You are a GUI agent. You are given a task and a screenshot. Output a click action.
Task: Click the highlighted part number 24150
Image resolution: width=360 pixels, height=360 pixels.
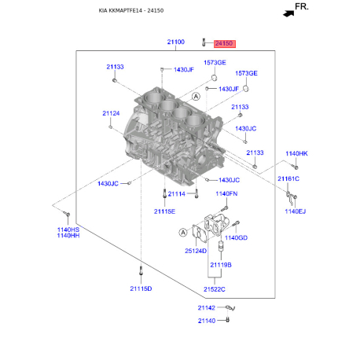pos(225,43)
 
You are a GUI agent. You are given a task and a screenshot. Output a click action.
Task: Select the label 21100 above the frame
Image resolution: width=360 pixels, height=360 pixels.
pos(176,42)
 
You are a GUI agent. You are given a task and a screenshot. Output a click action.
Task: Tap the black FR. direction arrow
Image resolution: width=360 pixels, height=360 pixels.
pos(288,13)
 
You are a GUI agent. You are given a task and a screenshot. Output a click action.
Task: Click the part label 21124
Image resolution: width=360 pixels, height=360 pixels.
pos(111,113)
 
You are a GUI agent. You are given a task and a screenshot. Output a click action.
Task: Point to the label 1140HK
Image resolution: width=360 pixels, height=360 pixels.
pos(296,153)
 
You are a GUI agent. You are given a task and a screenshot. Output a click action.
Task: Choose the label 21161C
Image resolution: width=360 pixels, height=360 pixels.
pos(288,178)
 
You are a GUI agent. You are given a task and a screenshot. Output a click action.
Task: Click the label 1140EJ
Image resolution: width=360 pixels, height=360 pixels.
pos(296,211)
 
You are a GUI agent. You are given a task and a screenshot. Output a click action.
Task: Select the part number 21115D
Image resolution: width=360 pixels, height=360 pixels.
pos(141,288)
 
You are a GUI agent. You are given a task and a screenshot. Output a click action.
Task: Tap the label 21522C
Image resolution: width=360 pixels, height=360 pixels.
pos(215,289)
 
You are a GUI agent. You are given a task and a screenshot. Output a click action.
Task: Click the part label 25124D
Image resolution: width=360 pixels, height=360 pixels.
pos(196,251)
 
